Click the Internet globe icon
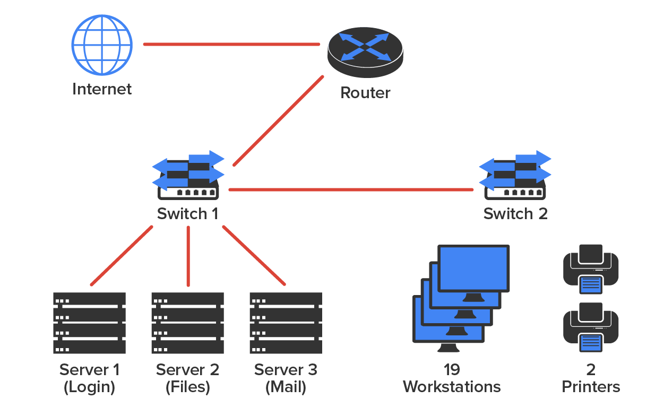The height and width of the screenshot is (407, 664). (x=101, y=45)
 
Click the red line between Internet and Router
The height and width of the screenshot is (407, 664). (x=231, y=45)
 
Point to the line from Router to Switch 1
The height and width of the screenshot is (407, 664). (x=278, y=121)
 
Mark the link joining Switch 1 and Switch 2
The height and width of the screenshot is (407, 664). (x=350, y=189)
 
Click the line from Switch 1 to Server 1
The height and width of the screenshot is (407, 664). (x=122, y=256)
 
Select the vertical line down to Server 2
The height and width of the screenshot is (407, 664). (x=188, y=255)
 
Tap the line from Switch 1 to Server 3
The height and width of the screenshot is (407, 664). (x=254, y=255)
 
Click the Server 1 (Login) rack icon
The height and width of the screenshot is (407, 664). (x=89, y=323)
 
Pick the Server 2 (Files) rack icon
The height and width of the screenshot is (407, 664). (x=187, y=323)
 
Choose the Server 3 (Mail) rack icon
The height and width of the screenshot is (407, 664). (x=286, y=323)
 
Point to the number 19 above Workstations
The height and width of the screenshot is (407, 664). (x=451, y=369)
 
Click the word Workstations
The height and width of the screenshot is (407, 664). (x=452, y=386)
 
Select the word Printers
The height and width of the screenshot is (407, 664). (x=591, y=386)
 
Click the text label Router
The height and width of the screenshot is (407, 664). (x=365, y=93)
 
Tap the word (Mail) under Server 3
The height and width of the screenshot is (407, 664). (x=286, y=387)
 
